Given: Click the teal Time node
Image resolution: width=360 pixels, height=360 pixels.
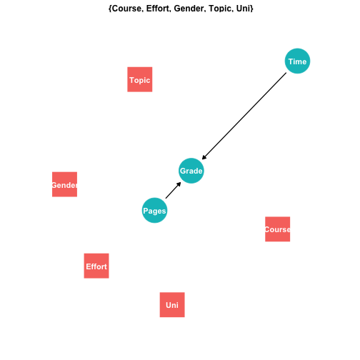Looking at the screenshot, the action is tap(297, 61).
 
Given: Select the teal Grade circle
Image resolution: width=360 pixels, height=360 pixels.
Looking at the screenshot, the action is tap(191, 171).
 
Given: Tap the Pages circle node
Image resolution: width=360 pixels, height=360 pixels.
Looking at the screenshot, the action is tap(154, 211).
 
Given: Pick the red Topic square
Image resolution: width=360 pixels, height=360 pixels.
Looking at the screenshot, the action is tap(140, 79).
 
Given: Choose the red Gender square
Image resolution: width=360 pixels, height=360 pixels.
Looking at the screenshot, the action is tap(64, 184).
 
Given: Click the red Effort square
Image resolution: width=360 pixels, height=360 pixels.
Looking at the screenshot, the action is tap(96, 266).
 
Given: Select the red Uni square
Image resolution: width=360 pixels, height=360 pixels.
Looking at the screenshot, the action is tap(172, 305).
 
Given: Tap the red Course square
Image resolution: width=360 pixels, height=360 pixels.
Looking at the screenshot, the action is tap(278, 229).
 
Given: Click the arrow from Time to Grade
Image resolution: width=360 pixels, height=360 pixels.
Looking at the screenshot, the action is tap(244, 116).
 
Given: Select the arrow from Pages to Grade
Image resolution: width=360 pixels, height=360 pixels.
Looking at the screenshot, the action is tap(174, 190).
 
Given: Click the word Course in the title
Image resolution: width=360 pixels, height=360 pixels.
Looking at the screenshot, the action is tap(126, 9).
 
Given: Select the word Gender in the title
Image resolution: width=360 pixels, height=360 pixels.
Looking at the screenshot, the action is tap(190, 9).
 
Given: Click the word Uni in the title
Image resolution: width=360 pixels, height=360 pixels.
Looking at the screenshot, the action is tap(243, 9).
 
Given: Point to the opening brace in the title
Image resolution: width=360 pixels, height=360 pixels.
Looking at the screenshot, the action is tap(110, 9).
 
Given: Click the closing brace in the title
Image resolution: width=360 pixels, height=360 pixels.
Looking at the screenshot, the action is tap(251, 9).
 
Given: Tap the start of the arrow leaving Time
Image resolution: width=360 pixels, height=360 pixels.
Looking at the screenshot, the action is tap(286, 73).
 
